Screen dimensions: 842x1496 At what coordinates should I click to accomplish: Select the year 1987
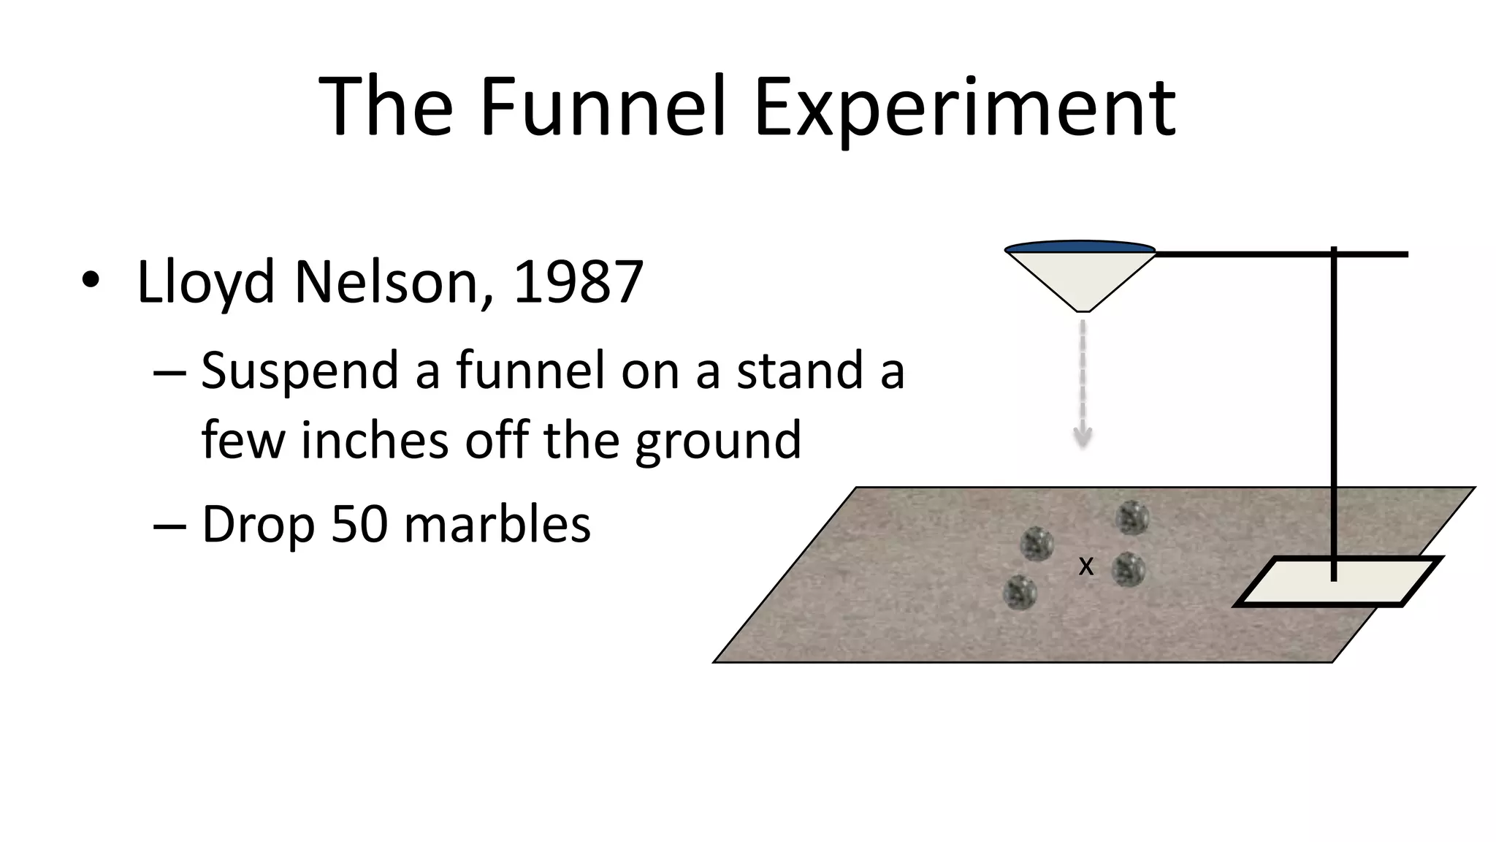pyautogui.click(x=578, y=281)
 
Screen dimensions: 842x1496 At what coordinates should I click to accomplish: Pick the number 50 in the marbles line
pyautogui.click(x=359, y=524)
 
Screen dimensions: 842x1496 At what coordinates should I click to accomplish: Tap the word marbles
pyautogui.click(x=497, y=524)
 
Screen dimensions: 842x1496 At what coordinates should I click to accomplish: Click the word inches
pyautogui.click(x=374, y=441)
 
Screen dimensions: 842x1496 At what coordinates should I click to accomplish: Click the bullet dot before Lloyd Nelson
pyautogui.click(x=90, y=280)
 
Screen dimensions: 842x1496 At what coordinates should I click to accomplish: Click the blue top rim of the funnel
pyautogui.click(x=1080, y=247)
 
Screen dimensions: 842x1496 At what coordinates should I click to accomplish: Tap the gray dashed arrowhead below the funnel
pyautogui.click(x=1083, y=437)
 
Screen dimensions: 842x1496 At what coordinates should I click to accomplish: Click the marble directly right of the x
pyautogui.click(x=1129, y=569)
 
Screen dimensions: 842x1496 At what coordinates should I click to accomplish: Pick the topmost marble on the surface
pyautogui.click(x=1132, y=518)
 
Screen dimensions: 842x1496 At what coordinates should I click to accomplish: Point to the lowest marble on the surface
pyautogui.click(x=1020, y=592)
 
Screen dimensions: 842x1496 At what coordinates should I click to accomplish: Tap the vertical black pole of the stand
pyautogui.click(x=1334, y=409)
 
